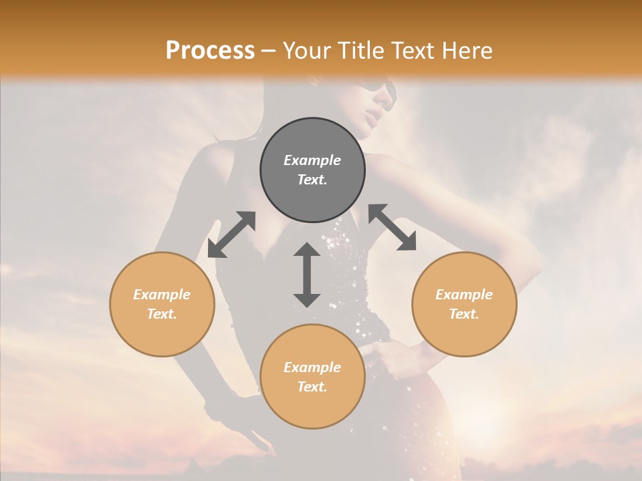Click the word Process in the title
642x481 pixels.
[x=210, y=50]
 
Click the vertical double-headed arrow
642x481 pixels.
[x=307, y=275]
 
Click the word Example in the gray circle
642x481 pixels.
[x=312, y=160]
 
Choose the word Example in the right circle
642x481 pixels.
[x=464, y=295]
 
